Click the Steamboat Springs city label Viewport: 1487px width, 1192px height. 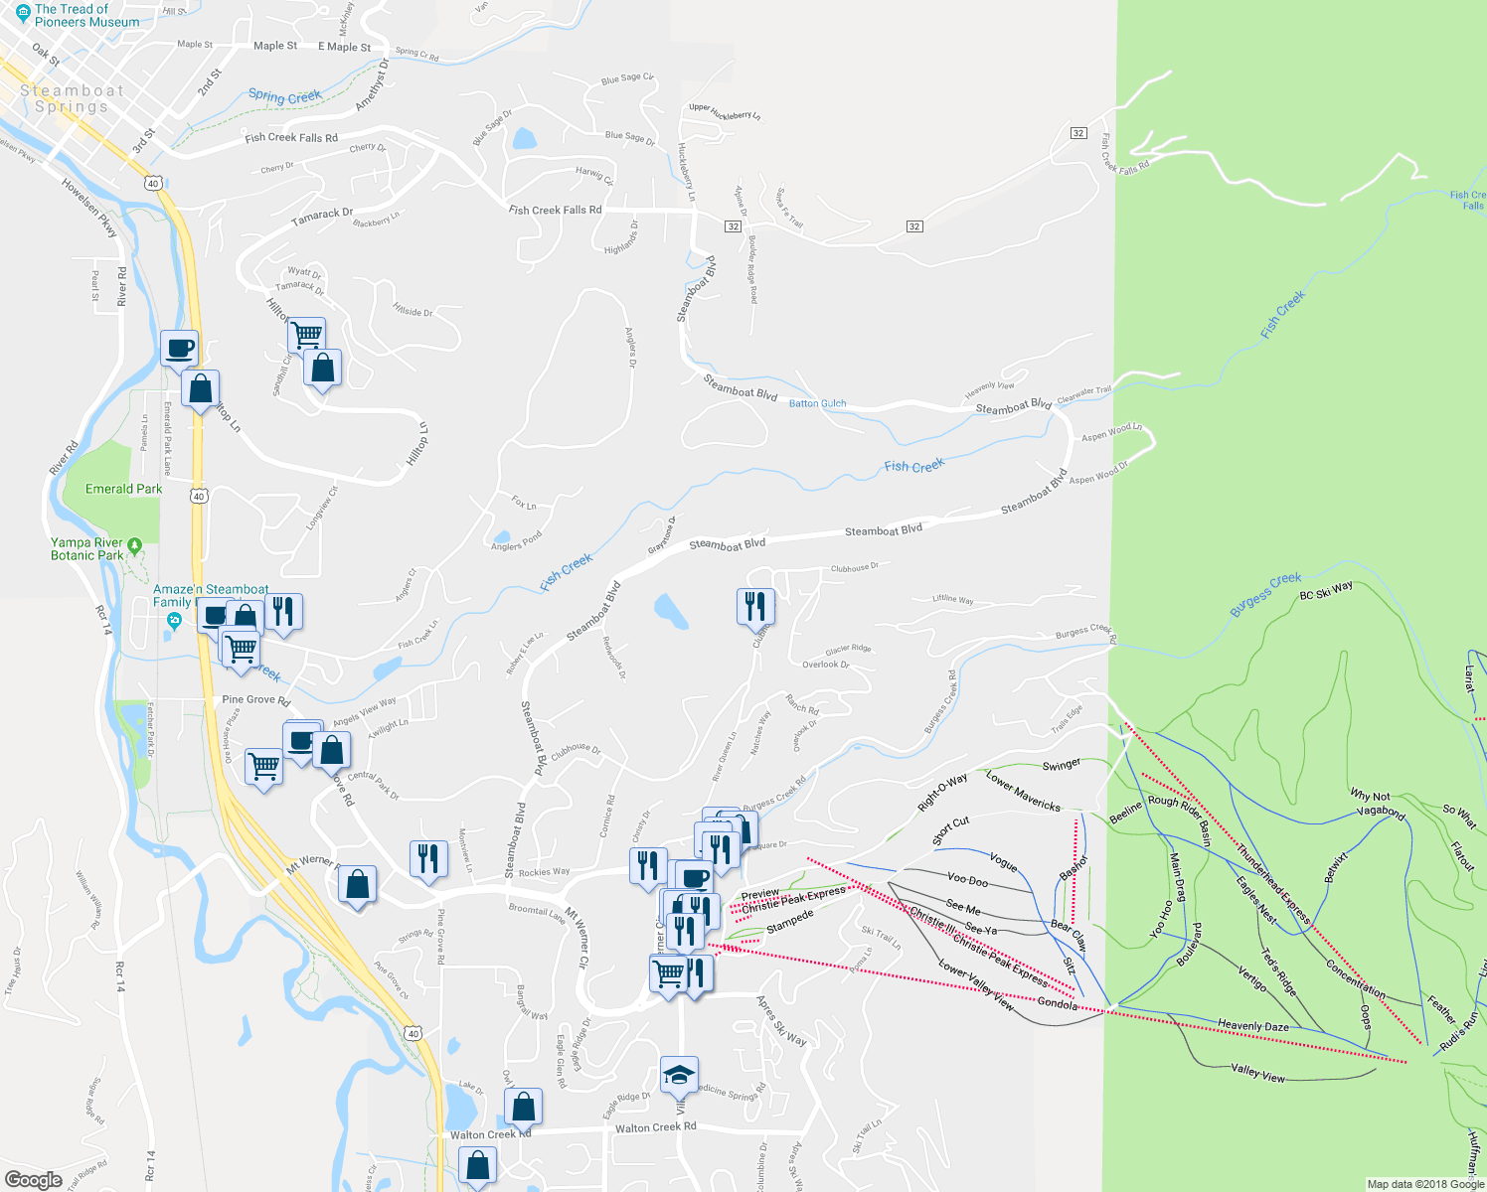coord(72,98)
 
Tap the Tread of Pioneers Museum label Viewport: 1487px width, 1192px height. coord(85,15)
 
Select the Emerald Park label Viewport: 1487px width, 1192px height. coord(123,489)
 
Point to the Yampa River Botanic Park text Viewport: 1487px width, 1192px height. coord(87,549)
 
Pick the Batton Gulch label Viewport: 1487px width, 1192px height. coord(817,403)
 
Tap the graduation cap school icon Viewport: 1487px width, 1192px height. coord(679,1075)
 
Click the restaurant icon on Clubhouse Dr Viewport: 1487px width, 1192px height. coord(755,606)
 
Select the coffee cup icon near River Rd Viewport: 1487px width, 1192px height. coord(179,349)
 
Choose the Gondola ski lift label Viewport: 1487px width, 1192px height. coord(1057,1004)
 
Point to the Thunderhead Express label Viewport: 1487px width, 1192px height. coord(1273,884)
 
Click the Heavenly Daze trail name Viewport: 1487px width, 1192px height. coord(1252,1026)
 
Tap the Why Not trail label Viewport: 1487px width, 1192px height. coord(1370,796)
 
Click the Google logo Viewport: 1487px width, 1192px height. coord(33,1179)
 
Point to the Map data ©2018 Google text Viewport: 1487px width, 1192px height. coord(1425,1184)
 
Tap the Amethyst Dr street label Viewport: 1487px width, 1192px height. coord(370,83)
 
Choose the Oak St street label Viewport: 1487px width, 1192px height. coord(46,55)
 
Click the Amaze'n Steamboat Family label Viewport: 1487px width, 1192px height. coord(210,595)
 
